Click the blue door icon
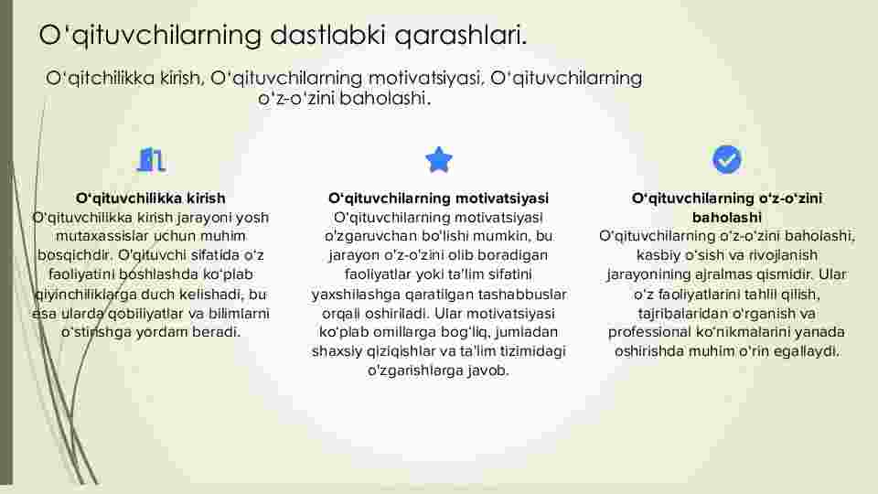(151, 159)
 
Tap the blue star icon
(438, 159)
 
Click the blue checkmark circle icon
(727, 159)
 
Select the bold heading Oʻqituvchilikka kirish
(151, 199)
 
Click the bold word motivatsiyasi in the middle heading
(502, 199)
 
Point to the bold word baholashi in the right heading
(727, 218)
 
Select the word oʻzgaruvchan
(370, 236)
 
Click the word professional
(649, 332)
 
